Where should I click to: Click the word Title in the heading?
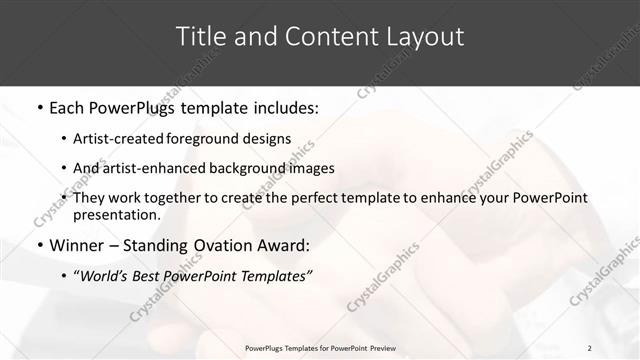pyautogui.click(x=199, y=37)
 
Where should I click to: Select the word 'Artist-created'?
pyautogui.click(x=126, y=139)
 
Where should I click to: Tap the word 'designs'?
pyautogui.click(x=270, y=139)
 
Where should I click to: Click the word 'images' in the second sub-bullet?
pyautogui.click(x=313, y=168)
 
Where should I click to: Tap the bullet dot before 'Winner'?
pyautogui.click(x=38, y=245)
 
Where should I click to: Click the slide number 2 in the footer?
pyautogui.click(x=590, y=347)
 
